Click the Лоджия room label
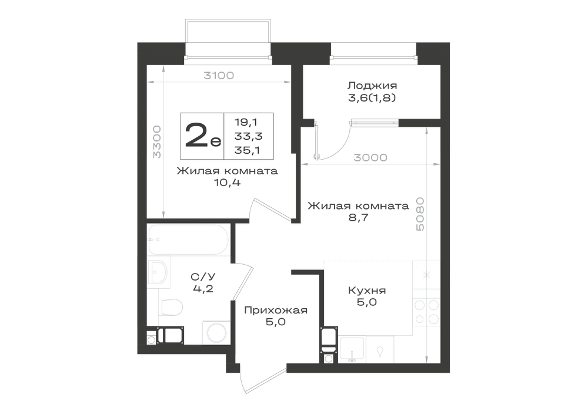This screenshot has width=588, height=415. tap(372, 86)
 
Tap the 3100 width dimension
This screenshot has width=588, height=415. tap(219, 76)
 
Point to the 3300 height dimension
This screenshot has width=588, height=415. tap(157, 142)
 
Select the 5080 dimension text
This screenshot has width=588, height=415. tap(420, 214)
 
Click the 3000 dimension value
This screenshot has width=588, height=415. tap(370, 157)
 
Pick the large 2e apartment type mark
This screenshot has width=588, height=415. tap(203, 136)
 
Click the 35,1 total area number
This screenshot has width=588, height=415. tap(248, 150)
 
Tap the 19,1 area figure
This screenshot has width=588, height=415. tap(246, 122)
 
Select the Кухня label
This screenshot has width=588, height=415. tap(367, 291)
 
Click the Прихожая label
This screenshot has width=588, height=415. tap(276, 310)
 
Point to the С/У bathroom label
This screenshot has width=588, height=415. tap(203, 277)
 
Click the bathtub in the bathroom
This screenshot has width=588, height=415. tap(188, 239)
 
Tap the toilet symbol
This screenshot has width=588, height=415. tap(171, 307)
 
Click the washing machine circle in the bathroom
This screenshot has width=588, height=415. tap(216, 332)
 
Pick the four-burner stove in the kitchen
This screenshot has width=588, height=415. tap(426, 312)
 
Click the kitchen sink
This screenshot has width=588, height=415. tap(352, 350)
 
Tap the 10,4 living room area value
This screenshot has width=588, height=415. tap(226, 183)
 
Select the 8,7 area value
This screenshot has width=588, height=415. tap(359, 217)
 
